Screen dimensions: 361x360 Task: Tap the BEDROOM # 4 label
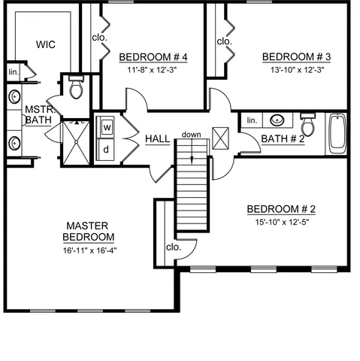click(x=153, y=57)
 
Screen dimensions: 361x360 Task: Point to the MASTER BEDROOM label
click(x=89, y=231)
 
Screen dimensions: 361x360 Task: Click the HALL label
click(x=158, y=139)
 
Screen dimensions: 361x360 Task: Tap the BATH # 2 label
click(x=283, y=138)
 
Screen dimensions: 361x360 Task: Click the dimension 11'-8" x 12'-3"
click(x=153, y=70)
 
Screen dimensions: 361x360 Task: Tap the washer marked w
click(x=107, y=128)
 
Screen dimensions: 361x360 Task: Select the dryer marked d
click(x=107, y=148)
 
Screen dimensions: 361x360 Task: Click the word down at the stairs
click(x=191, y=135)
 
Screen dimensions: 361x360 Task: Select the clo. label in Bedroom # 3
click(x=224, y=41)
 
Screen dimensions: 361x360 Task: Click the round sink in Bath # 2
click(x=277, y=120)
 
